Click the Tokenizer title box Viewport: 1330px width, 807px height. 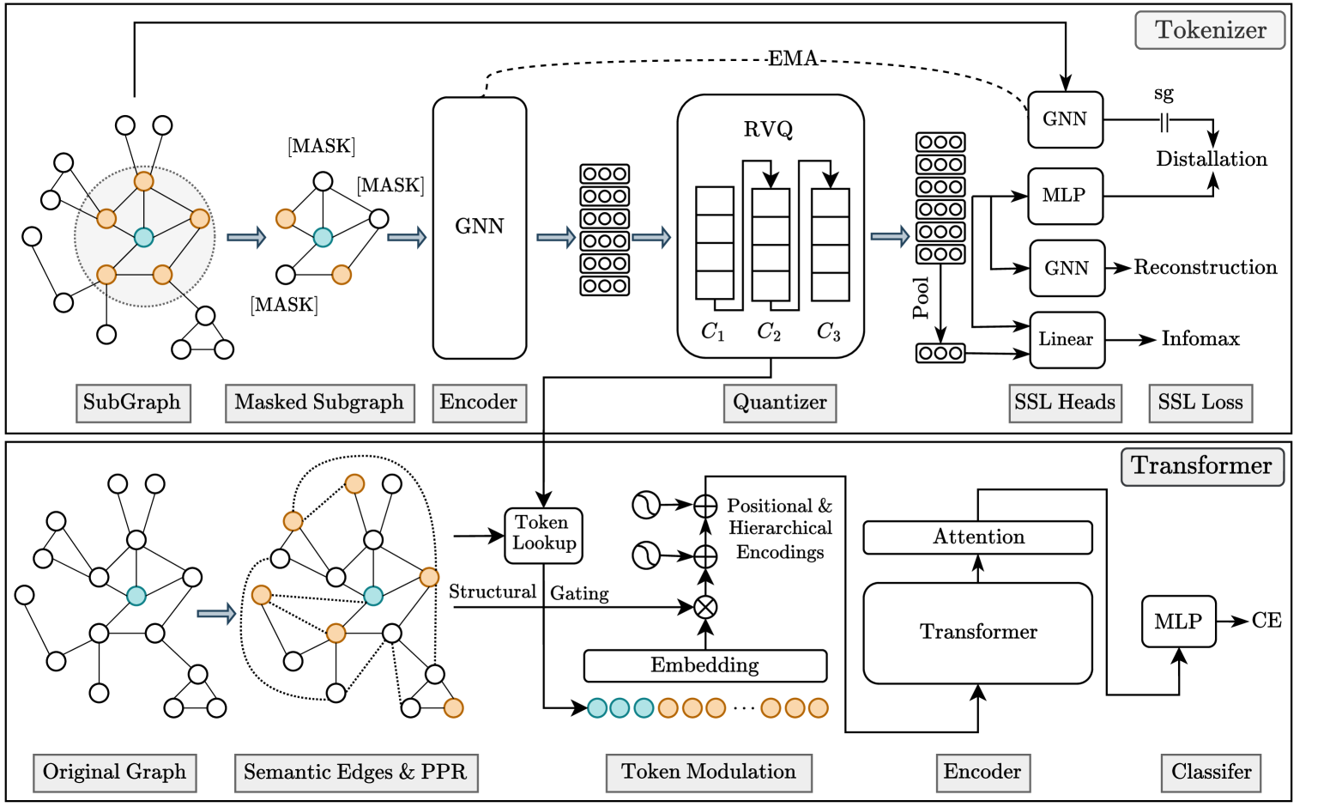point(1210,30)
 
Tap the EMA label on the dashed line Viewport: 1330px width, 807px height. point(792,58)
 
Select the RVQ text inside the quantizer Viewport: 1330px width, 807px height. point(768,130)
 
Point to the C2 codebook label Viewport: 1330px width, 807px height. point(769,332)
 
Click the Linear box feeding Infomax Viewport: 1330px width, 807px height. point(1067,339)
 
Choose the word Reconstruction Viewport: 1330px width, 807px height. point(1205,267)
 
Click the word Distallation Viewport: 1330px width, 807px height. point(1211,159)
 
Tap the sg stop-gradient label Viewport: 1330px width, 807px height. point(1164,94)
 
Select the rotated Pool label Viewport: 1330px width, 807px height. point(922,298)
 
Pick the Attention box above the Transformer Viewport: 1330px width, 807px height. point(977,537)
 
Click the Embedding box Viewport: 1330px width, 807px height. point(704,665)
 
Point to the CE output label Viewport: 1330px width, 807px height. point(1267,621)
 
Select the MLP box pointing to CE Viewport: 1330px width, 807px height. point(1178,622)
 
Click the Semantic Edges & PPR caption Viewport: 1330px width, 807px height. point(355,772)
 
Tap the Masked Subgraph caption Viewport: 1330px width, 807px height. point(319,403)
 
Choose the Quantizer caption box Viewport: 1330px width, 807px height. point(779,403)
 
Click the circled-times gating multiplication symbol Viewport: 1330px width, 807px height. point(705,608)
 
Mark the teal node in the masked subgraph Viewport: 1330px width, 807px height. point(323,237)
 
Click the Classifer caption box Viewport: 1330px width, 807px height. point(1211,772)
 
